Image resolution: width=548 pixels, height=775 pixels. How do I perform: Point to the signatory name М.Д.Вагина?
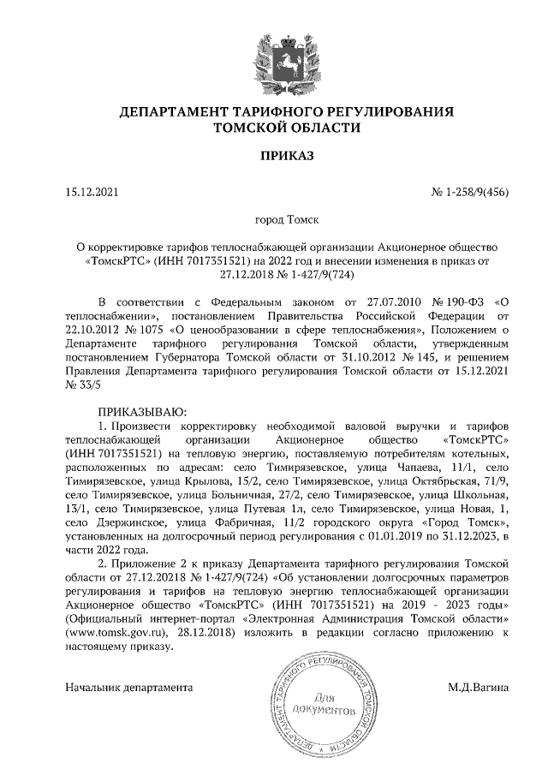[x=478, y=686]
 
